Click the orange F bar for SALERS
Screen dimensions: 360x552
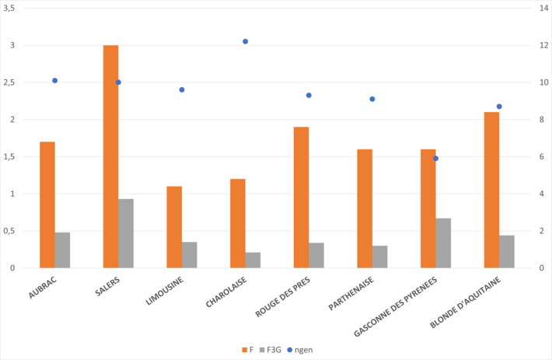point(110,156)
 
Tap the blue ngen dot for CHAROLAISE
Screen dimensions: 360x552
point(245,41)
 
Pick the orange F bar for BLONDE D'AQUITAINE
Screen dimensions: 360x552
point(491,190)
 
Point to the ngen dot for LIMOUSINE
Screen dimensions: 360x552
point(182,89)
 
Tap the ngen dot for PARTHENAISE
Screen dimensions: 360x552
point(372,99)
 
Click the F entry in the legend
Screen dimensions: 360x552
point(246,350)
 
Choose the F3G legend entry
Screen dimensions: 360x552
point(271,350)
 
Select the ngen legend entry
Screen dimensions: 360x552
point(302,350)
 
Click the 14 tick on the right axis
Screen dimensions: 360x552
point(536,8)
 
